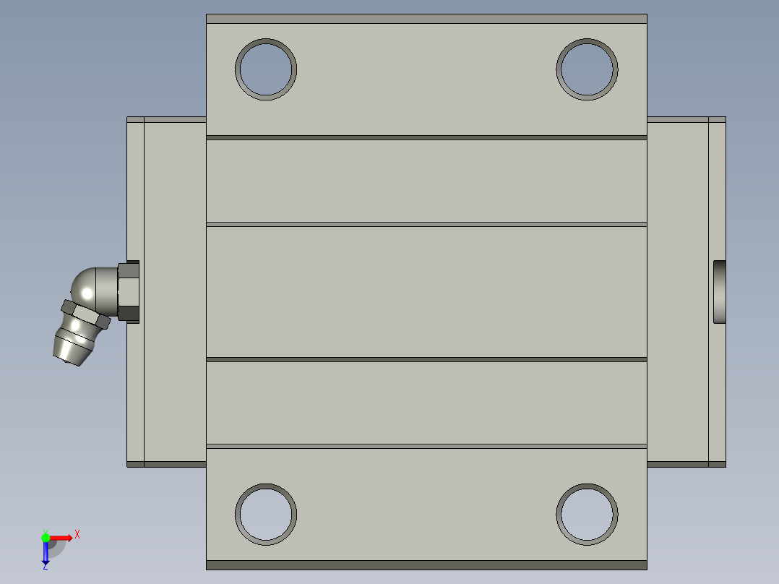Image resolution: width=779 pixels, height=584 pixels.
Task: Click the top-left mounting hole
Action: point(266,69)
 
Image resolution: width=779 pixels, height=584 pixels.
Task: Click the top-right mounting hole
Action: point(587,69)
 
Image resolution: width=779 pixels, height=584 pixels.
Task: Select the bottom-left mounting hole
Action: point(266,514)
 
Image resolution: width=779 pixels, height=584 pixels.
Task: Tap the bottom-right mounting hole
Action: point(587,514)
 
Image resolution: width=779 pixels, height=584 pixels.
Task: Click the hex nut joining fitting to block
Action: point(127,291)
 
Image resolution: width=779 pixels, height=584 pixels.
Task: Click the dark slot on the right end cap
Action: point(720,291)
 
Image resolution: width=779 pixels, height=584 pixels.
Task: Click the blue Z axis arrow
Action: point(46,553)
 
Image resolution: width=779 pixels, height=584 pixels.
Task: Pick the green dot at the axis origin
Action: point(46,537)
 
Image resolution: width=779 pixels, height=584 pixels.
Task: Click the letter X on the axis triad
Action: point(77,534)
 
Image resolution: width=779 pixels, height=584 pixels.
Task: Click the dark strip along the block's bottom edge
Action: point(426,564)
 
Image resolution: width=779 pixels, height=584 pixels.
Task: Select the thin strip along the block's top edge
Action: point(426,19)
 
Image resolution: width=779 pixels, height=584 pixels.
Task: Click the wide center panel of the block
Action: point(426,291)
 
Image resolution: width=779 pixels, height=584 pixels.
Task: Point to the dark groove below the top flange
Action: point(426,137)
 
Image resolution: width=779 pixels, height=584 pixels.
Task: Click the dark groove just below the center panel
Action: point(426,359)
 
